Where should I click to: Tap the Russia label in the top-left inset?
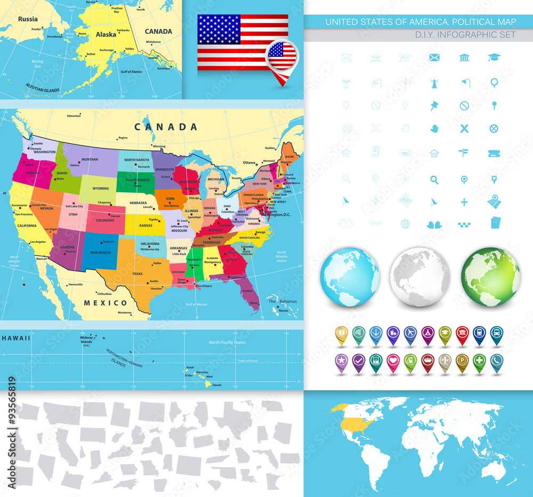point(28,19)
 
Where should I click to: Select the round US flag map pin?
point(282,55)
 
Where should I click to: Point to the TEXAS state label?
point(138,274)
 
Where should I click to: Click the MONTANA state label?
point(90,159)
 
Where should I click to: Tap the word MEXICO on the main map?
point(106,303)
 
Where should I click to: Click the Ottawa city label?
point(249,162)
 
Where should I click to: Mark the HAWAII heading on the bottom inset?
point(15,338)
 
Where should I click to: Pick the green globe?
point(491,276)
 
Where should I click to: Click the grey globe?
point(420,276)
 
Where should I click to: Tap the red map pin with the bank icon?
point(462,334)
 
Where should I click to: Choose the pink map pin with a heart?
point(393,361)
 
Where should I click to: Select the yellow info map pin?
point(342,334)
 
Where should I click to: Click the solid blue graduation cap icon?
point(494,58)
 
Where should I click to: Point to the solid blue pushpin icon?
point(434,105)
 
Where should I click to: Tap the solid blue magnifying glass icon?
point(434,180)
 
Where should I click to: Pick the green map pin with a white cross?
point(479,361)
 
